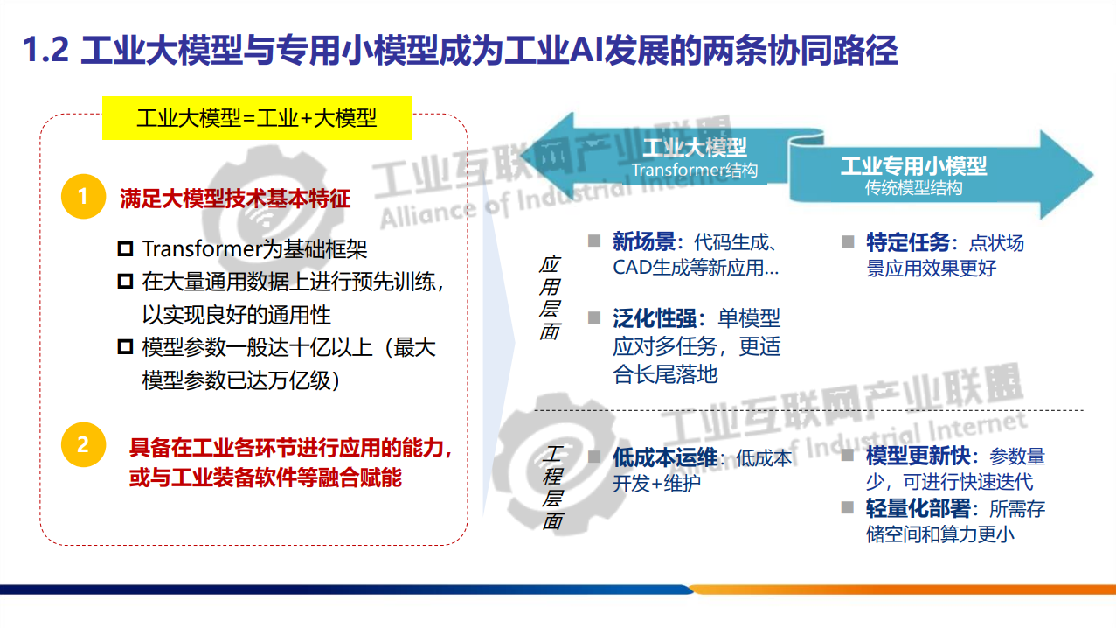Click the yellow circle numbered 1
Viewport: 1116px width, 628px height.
pyautogui.click(x=83, y=197)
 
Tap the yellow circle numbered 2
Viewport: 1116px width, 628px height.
pyautogui.click(x=83, y=444)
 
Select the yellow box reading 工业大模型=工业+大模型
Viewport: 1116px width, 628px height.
pyautogui.click(x=257, y=118)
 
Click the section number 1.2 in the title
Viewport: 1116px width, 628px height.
pyautogui.click(x=45, y=51)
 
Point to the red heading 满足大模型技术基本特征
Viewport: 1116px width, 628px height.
pyautogui.click(x=234, y=199)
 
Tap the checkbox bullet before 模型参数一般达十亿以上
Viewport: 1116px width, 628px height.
pyautogui.click(x=125, y=347)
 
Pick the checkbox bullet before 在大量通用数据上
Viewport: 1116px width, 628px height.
pyautogui.click(x=125, y=282)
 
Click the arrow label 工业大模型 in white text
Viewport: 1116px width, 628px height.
pyautogui.click(x=695, y=147)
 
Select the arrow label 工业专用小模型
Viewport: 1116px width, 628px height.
pyautogui.click(x=913, y=165)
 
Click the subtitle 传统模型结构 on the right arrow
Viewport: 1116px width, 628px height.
pyautogui.click(x=913, y=188)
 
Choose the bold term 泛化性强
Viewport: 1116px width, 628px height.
pyautogui.click(x=659, y=318)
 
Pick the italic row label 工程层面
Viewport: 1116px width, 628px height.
pyautogui.click(x=551, y=487)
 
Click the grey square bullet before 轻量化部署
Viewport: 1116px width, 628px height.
pyautogui.click(x=847, y=507)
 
